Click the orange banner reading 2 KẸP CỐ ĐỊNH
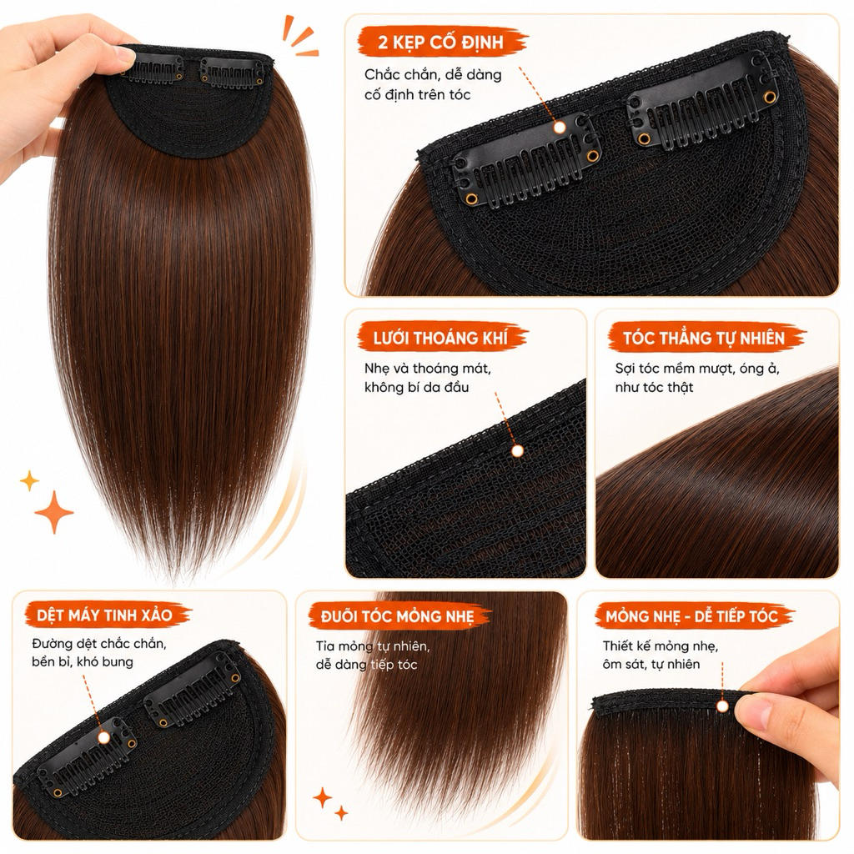click(x=442, y=42)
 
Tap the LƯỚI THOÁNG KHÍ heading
click(x=440, y=338)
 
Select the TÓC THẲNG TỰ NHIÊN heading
click(x=704, y=338)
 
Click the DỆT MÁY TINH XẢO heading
click(x=105, y=615)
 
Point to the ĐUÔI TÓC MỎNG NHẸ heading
click(x=398, y=616)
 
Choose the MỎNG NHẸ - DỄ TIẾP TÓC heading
click(x=691, y=616)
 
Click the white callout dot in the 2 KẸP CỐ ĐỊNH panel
click(x=559, y=128)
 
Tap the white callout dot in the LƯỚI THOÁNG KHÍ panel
click(x=517, y=450)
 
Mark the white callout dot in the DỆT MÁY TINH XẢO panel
click(x=103, y=737)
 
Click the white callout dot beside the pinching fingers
click(x=722, y=706)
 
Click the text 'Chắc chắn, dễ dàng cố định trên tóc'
click(x=433, y=84)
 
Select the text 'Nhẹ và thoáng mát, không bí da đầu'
click(x=428, y=378)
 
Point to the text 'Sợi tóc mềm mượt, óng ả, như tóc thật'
click(x=697, y=378)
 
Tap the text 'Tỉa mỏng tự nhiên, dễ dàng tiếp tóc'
click(x=373, y=656)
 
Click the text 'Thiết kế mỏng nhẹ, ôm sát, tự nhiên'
click(x=661, y=655)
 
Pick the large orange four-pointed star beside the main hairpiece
click(x=54, y=512)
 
